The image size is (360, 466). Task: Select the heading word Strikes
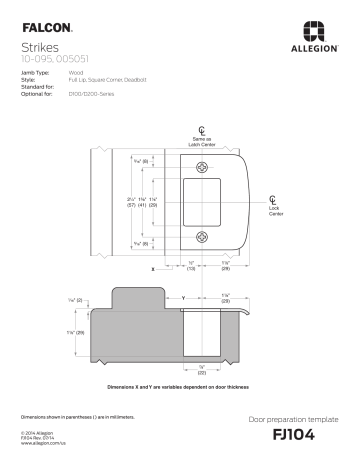(x=41, y=46)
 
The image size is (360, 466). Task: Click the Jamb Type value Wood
(x=75, y=73)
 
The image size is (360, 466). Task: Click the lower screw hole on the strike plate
(x=203, y=237)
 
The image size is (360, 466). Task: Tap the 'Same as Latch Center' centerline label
(x=203, y=142)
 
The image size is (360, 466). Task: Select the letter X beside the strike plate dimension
(x=153, y=270)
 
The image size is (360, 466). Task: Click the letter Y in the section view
(x=183, y=297)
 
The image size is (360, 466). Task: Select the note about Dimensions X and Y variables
(x=180, y=386)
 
